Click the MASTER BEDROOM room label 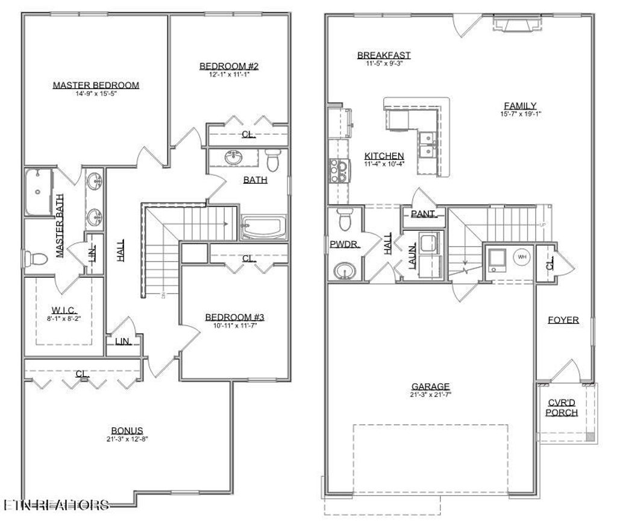(x=96, y=85)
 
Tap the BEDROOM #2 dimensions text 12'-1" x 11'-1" (x=229, y=75)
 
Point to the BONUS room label (x=127, y=430)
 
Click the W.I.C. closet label (x=63, y=311)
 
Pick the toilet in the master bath (x=38, y=259)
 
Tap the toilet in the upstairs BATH (x=274, y=160)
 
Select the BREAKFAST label (x=384, y=55)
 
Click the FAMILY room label (x=520, y=105)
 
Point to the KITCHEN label (x=384, y=156)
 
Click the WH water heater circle (x=522, y=257)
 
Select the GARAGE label (x=431, y=386)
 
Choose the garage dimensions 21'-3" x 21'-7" (x=431, y=395)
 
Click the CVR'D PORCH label (x=562, y=408)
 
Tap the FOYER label (x=563, y=320)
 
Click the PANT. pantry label (x=424, y=214)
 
